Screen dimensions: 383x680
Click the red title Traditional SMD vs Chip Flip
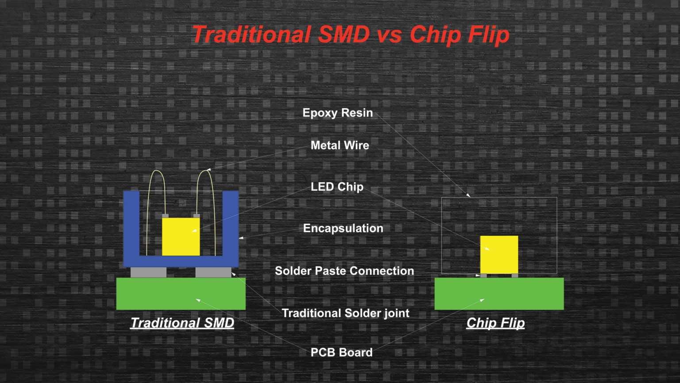click(351, 35)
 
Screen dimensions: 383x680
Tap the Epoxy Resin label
click(337, 113)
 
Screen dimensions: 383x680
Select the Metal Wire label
click(340, 145)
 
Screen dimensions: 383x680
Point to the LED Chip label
click(337, 187)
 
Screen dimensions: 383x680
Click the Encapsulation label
click(343, 228)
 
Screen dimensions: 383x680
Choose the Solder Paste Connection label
click(344, 271)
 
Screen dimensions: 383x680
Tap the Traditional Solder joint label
click(345, 313)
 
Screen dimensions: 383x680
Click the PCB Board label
click(341, 352)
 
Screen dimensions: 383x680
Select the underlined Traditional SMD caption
click(182, 323)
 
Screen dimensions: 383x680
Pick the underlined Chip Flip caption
click(495, 323)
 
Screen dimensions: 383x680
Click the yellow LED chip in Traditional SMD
click(181, 236)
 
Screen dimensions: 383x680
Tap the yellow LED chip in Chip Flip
click(499, 254)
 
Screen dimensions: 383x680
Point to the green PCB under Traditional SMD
click(181, 293)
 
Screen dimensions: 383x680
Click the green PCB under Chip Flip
click(499, 293)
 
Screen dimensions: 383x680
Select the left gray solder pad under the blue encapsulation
click(148, 272)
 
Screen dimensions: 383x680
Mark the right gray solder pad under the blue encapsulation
click(213, 272)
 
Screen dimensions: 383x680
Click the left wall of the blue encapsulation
click(131, 226)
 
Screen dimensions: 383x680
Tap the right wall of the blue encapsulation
click(231, 226)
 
